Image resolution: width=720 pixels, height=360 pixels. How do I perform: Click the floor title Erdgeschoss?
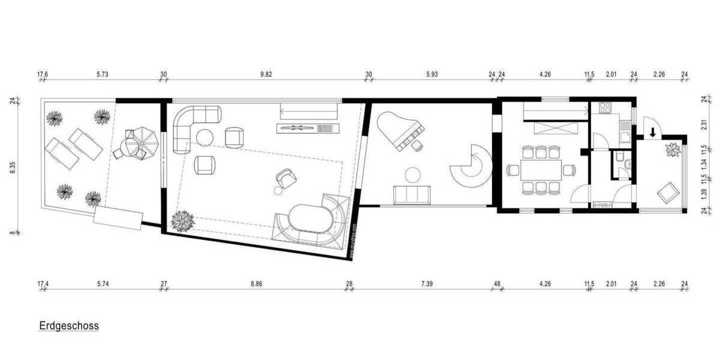(69, 326)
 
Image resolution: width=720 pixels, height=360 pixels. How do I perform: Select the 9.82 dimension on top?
(266, 75)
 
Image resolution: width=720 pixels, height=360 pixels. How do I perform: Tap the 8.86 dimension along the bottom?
(257, 283)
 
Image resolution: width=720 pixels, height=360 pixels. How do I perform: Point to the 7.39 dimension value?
(427, 283)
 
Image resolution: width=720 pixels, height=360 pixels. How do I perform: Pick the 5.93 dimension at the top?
(432, 75)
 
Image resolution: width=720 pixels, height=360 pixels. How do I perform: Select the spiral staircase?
(472, 166)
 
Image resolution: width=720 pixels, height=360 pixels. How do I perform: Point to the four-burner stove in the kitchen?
(602, 110)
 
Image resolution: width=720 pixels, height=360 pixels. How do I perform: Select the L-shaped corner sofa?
(192, 123)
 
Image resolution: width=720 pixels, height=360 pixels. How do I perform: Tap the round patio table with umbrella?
(134, 144)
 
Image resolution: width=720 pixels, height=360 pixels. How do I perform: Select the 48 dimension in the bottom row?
(497, 283)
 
